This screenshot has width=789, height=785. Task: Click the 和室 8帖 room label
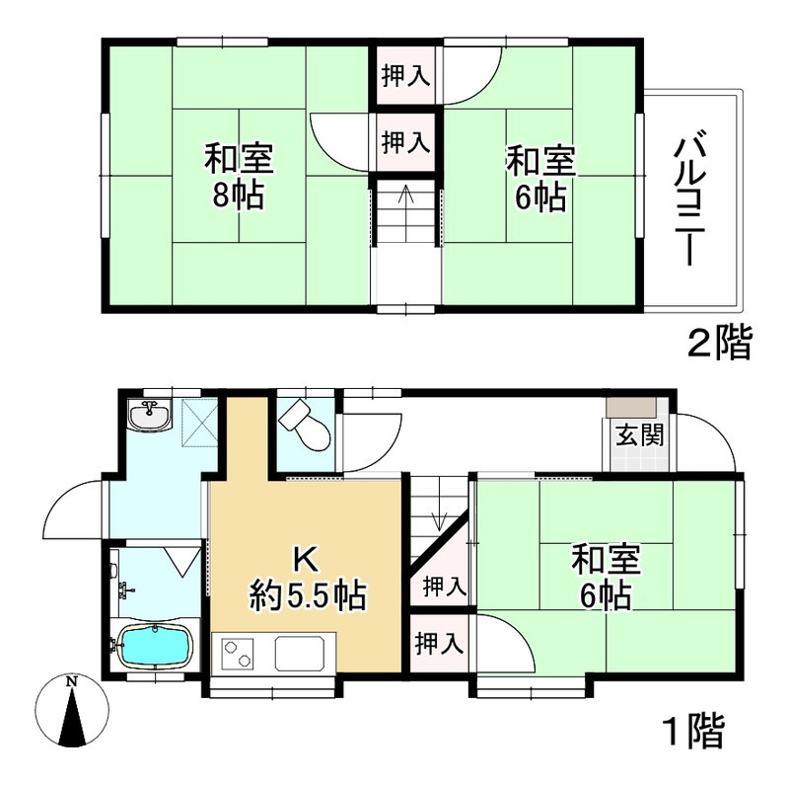point(239,176)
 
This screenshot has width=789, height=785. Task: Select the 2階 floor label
point(718,344)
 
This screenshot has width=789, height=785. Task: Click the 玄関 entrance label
point(627,435)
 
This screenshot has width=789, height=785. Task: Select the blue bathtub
point(152,647)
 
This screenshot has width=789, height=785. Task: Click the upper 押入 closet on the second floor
point(405,77)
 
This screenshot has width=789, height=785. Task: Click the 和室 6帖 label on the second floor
point(538,178)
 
